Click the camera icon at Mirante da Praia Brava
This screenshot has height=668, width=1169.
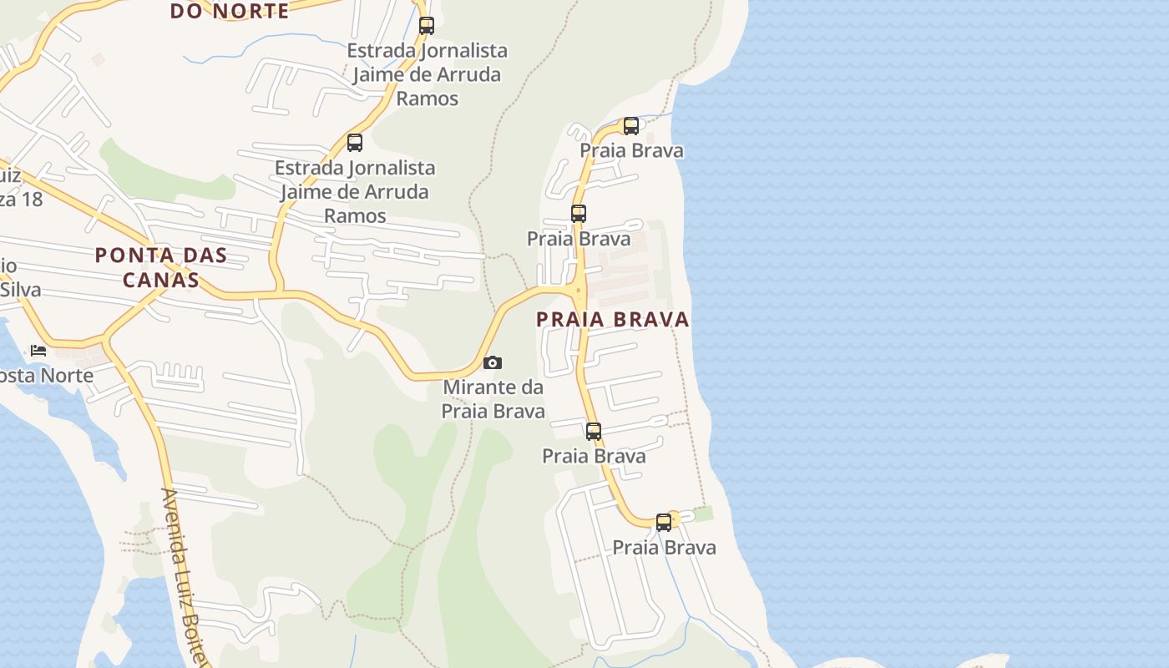coord(493,362)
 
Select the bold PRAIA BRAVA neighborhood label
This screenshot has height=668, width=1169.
coord(613,319)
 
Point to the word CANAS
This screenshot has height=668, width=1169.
coord(161,280)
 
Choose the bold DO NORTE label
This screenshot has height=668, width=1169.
coord(230,11)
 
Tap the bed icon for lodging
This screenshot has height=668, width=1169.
coord(38,350)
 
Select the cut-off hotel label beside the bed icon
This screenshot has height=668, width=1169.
coord(47,376)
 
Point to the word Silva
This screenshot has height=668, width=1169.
coord(21,291)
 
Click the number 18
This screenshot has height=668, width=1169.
coord(32,200)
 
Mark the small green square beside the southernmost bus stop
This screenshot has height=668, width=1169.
coord(704,514)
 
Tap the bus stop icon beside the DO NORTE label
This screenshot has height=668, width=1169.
coord(427,25)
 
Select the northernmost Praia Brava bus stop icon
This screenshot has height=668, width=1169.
coord(631,126)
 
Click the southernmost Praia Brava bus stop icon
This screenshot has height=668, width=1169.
coord(664,523)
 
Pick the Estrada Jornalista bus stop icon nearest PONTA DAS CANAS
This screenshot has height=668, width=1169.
coord(355,143)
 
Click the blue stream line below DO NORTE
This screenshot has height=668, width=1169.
coord(250,42)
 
